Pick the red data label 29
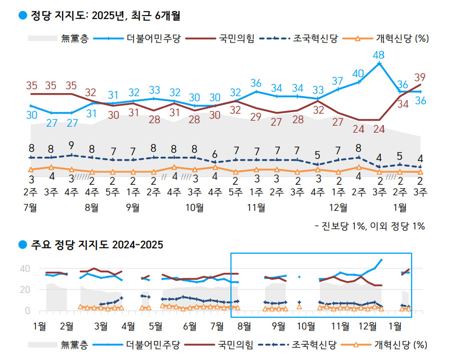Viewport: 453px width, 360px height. click(256, 117)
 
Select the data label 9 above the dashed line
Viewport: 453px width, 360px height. click(72, 145)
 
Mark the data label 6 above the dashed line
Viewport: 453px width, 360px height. click(215, 154)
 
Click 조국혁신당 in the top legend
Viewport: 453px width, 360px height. click(315, 39)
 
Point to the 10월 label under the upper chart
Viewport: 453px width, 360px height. click(195, 207)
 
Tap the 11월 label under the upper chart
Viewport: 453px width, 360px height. click(256, 207)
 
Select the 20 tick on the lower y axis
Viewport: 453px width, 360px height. click(24, 289)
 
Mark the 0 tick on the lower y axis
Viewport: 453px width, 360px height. click(27, 311)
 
